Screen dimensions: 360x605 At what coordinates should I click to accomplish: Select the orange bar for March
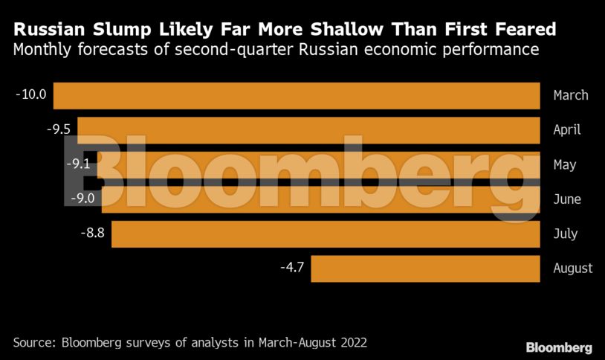click(297, 96)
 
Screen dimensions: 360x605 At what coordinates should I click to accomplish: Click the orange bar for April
click(308, 130)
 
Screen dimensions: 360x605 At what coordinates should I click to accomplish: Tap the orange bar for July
click(326, 234)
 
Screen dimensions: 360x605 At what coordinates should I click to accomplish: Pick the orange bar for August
click(425, 269)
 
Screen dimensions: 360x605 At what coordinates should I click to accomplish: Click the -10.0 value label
click(30, 94)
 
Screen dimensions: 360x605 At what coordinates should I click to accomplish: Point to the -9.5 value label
click(58, 129)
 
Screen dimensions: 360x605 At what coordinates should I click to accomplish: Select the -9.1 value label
click(78, 164)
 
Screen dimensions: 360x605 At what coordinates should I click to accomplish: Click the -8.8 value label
click(91, 233)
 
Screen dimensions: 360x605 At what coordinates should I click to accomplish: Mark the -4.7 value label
click(291, 268)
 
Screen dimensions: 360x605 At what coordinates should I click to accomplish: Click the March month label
click(571, 95)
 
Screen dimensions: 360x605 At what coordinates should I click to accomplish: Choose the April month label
click(567, 129)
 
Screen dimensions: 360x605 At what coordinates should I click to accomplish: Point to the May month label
click(565, 164)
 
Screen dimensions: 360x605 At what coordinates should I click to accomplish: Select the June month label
click(567, 199)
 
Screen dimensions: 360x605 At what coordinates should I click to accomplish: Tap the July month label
click(566, 234)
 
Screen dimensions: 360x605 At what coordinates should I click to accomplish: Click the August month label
click(573, 268)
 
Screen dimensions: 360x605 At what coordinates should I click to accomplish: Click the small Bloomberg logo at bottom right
click(559, 347)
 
